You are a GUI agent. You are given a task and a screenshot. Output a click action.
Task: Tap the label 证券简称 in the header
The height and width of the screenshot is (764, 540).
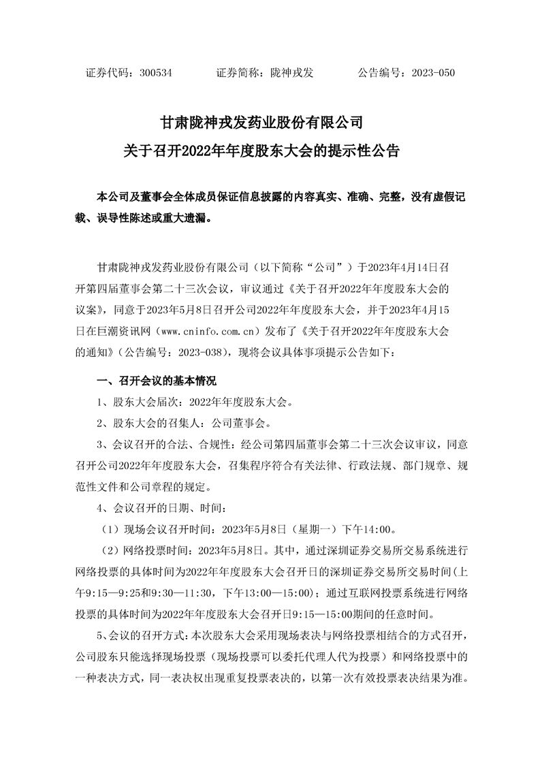238,72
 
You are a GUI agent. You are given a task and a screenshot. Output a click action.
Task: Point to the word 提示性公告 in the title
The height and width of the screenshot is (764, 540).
367,150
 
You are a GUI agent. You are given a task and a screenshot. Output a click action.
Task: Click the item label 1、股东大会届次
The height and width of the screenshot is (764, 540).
140,402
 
